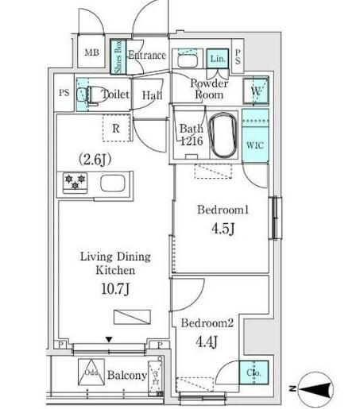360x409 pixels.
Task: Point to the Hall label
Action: point(152,95)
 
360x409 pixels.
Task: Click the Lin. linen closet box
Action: point(218,59)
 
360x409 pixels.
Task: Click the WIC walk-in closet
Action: point(254,145)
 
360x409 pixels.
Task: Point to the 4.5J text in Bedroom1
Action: point(223,229)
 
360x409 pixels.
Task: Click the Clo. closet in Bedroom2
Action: point(254,373)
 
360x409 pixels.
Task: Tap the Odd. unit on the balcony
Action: point(90,372)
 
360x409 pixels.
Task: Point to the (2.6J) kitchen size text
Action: point(94,159)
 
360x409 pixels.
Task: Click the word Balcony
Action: point(128,375)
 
